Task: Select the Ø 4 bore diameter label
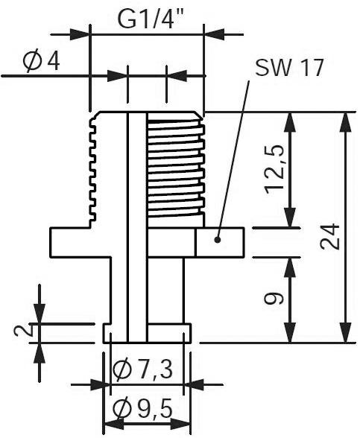click(42, 62)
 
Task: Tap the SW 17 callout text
click(288, 68)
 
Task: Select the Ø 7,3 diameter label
click(147, 367)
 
